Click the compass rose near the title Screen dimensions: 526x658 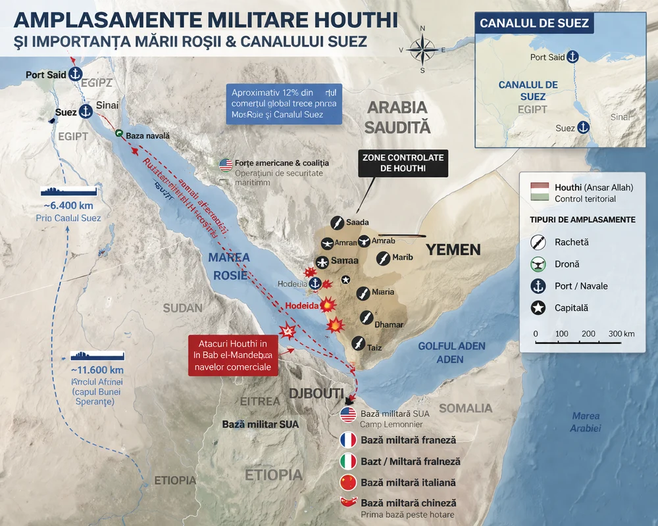422,49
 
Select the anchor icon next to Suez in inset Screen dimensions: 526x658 582,128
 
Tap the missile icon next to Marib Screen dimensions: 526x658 382,258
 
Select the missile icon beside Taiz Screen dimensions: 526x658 358,343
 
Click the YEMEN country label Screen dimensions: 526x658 453,250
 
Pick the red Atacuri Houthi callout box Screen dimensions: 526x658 233,356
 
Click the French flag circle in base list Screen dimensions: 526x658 347,440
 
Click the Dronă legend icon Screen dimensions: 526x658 539,264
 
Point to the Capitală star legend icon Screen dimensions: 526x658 539,307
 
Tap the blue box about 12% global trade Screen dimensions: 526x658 284,103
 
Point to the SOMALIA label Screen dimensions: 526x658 465,408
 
